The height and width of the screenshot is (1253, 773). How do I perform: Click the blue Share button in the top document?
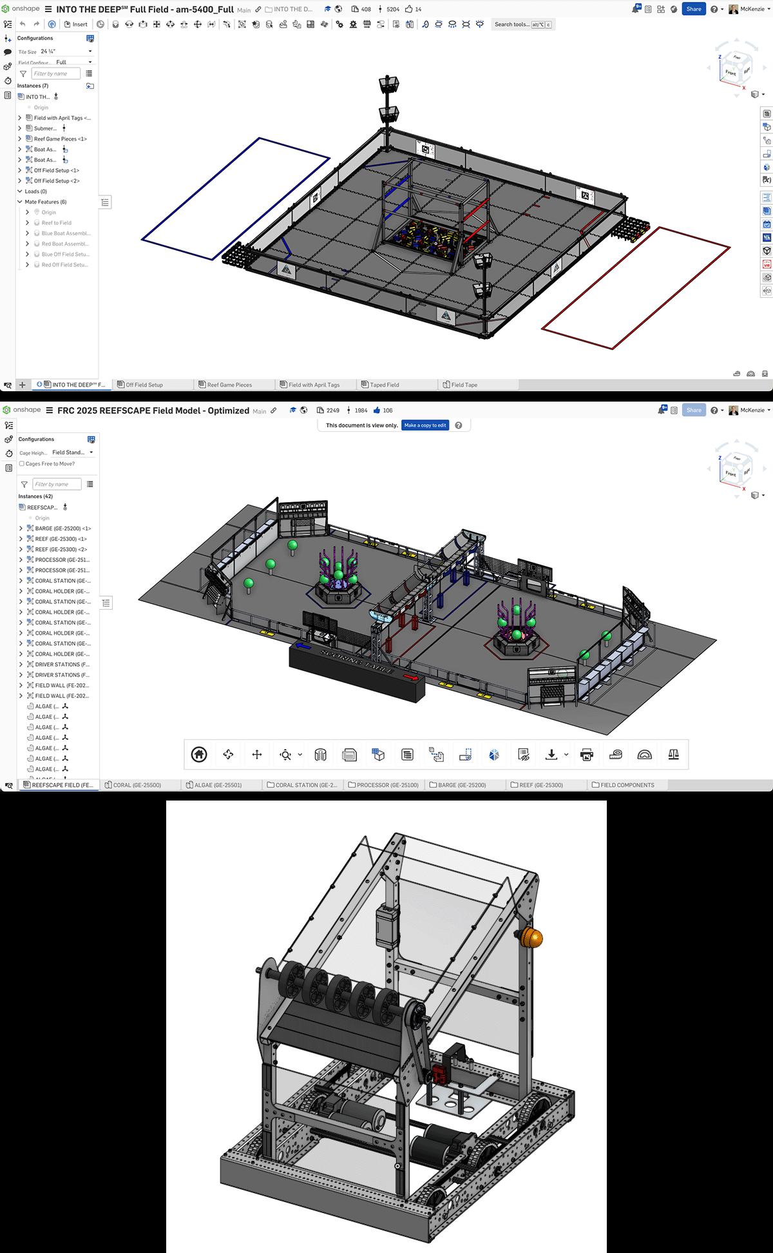[693, 9]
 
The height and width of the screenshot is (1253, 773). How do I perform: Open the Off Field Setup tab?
[144, 385]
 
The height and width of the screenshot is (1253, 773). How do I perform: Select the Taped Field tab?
[385, 385]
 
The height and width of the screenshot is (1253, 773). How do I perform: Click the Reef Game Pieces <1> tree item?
[60, 139]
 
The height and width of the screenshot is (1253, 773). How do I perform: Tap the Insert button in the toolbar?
[76, 24]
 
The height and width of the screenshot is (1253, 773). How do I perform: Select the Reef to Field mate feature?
[57, 223]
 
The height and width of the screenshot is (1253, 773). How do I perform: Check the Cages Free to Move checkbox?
[22, 464]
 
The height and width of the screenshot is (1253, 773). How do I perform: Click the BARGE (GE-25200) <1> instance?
[63, 529]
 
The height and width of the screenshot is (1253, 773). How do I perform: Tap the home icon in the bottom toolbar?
[199, 755]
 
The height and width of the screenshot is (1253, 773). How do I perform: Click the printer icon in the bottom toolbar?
[586, 755]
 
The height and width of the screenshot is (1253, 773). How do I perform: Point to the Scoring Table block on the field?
[357, 672]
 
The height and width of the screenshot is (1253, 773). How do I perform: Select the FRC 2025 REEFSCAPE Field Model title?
[153, 411]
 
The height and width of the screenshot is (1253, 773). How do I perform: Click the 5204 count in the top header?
[392, 9]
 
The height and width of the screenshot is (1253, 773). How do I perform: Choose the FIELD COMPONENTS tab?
[627, 785]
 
